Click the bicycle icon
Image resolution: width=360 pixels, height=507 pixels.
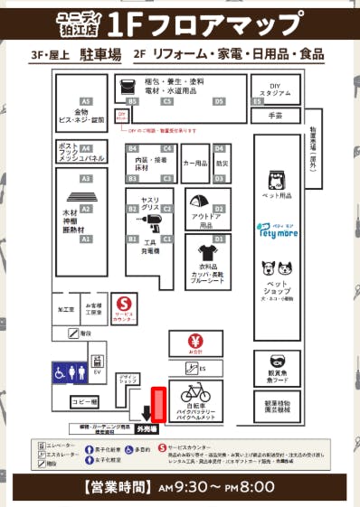click(195, 393)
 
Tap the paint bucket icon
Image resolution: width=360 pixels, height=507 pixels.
click(126, 87)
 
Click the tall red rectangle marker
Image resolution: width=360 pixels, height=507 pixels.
click(158, 404)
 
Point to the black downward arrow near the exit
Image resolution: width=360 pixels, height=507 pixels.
click(146, 415)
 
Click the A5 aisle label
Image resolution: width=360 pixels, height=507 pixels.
click(86, 101)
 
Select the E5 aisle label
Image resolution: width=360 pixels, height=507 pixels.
click(258, 101)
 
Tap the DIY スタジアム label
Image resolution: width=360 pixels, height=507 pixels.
click(276, 89)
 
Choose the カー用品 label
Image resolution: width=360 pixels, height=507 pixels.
click(194, 164)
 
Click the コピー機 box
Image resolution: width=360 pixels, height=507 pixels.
click(84, 401)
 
